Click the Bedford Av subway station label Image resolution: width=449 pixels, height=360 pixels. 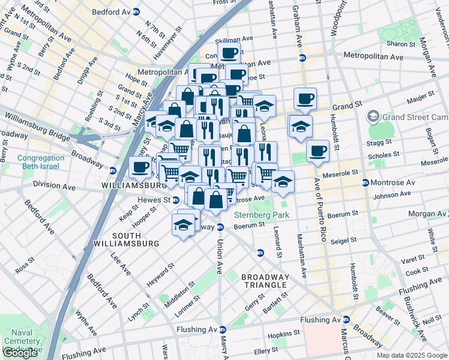click(112, 11)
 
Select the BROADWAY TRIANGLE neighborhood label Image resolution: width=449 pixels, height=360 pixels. click(265, 281)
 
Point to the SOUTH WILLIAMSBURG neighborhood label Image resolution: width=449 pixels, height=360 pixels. click(126, 239)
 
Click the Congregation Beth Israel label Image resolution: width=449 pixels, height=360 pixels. click(41, 163)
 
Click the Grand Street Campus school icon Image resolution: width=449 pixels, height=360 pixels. click(373, 116)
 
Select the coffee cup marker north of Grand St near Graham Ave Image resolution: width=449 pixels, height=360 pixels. click(305, 98)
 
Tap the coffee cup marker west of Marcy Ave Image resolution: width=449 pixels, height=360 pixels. click(141, 167)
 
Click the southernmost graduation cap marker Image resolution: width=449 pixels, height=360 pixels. click(182, 225)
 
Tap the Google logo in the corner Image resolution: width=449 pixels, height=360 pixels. click(20, 353)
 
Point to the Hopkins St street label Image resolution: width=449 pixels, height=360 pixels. click(283, 333)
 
